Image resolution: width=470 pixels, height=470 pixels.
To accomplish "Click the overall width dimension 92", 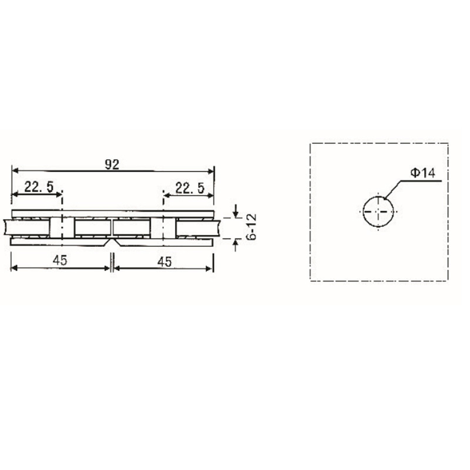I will click(112, 165).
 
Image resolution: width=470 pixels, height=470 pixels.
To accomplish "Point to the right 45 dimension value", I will click(165, 261).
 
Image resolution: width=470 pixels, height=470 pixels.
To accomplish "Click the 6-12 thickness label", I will click(252, 227).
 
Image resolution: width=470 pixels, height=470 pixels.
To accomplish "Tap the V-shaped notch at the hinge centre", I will click(112, 241).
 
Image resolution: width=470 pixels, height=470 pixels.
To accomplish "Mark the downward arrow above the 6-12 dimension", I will click(236, 212).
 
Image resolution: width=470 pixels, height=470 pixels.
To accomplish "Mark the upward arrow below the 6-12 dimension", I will click(236, 242).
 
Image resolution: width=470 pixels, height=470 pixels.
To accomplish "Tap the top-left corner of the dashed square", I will click(310, 143).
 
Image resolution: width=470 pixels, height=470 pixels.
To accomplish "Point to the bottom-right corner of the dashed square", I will click(448, 281).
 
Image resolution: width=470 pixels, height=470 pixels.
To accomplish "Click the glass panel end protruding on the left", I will click(6, 228).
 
